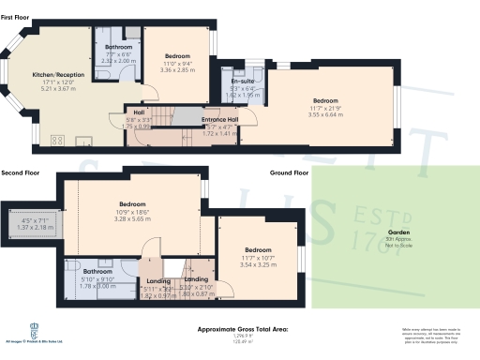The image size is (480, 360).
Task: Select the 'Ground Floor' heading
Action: tap(289, 173)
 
